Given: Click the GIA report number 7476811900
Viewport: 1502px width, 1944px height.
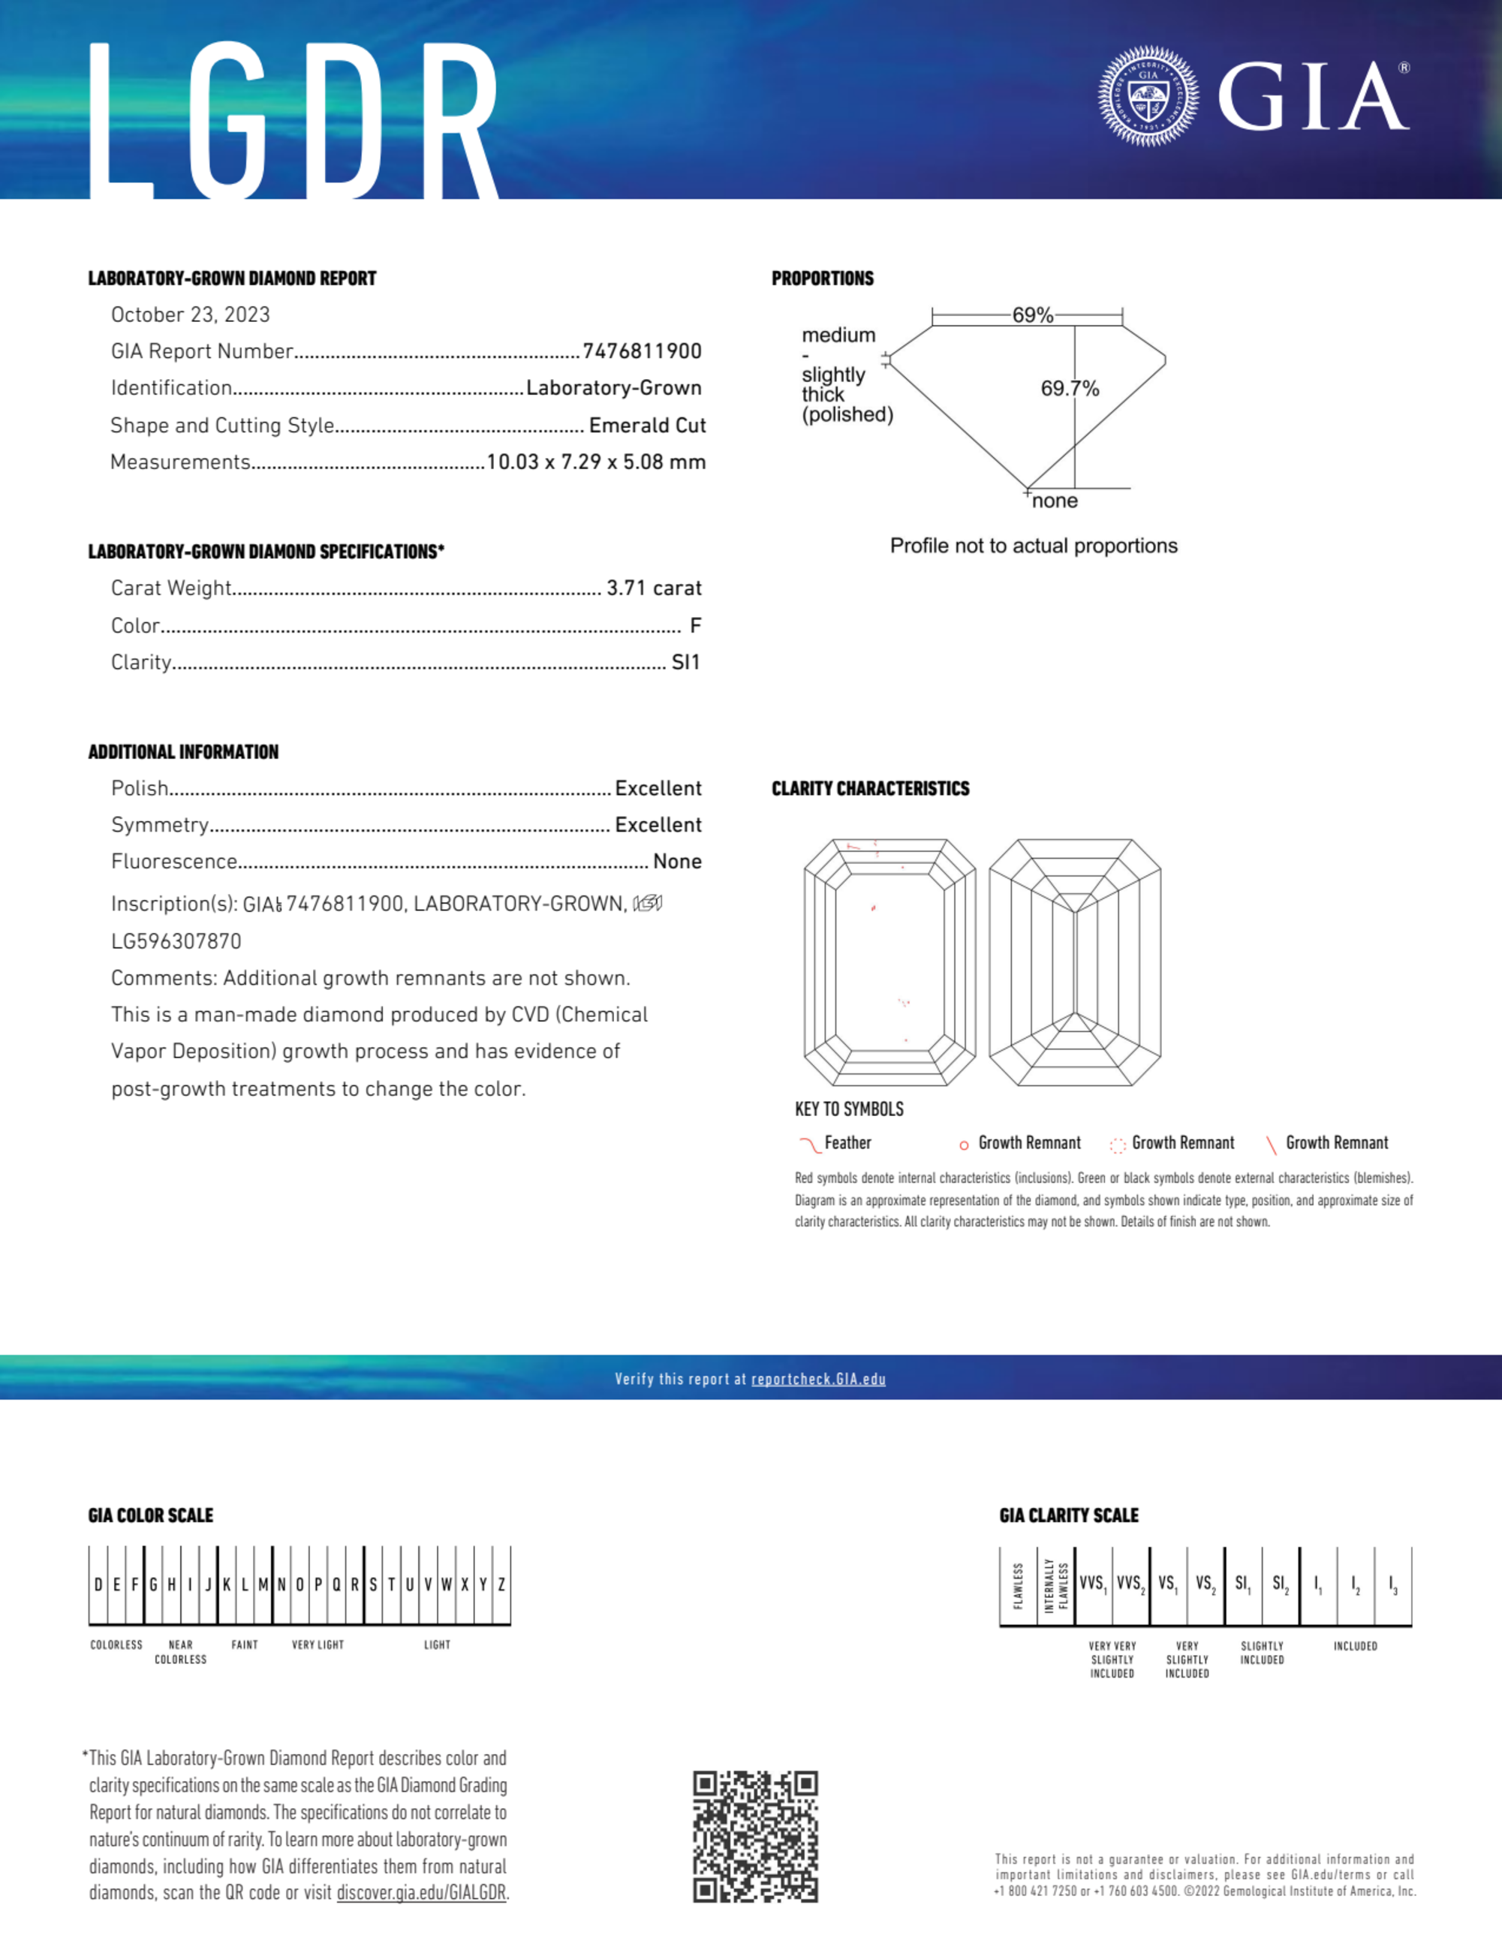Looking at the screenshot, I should [642, 351].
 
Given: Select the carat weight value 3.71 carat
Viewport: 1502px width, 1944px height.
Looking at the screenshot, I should [654, 588].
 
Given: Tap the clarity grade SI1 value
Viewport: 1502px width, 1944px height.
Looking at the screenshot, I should [685, 662].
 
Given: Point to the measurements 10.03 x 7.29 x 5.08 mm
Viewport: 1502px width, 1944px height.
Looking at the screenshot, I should [596, 462].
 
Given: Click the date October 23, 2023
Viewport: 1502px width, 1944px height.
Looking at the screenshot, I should [191, 315].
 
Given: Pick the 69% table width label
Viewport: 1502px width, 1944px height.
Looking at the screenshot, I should [1032, 315].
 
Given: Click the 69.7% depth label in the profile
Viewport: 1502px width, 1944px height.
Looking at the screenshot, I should [1070, 388].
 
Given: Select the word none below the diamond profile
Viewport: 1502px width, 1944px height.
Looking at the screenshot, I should [1055, 501].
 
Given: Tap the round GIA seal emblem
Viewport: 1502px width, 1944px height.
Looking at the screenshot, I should [1148, 96].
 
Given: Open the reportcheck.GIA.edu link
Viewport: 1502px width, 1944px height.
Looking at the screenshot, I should [818, 1379].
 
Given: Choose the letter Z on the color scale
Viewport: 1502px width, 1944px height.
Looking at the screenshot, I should [501, 1584].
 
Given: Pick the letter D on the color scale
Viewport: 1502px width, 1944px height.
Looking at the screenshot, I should [98, 1584].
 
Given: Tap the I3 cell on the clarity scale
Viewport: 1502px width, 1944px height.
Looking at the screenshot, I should [1392, 1584].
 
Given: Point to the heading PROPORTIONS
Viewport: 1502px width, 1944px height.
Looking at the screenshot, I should [823, 278].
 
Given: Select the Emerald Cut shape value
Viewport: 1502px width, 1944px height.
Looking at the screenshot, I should [647, 426].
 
